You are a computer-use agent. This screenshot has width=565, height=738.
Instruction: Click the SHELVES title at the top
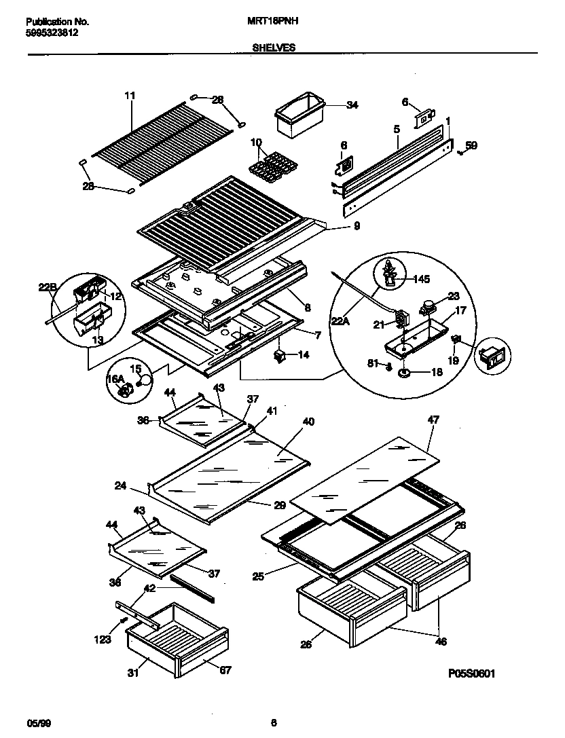pyautogui.click(x=274, y=48)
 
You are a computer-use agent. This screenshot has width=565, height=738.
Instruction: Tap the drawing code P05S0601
pyautogui.click(x=471, y=674)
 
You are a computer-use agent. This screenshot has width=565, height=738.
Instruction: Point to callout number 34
pyautogui.click(x=352, y=105)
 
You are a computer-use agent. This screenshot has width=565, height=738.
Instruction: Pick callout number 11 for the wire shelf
pyautogui.click(x=130, y=96)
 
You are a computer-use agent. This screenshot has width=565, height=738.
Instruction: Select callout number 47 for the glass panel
pyautogui.click(x=433, y=420)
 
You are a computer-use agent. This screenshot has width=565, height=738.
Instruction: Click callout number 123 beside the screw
pyautogui.click(x=102, y=639)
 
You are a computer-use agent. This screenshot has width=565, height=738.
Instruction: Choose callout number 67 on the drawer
pyautogui.click(x=225, y=670)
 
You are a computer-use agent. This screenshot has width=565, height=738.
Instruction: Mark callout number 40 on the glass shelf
pyautogui.click(x=308, y=422)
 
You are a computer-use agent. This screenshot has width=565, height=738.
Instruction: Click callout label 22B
pyautogui.click(x=47, y=288)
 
